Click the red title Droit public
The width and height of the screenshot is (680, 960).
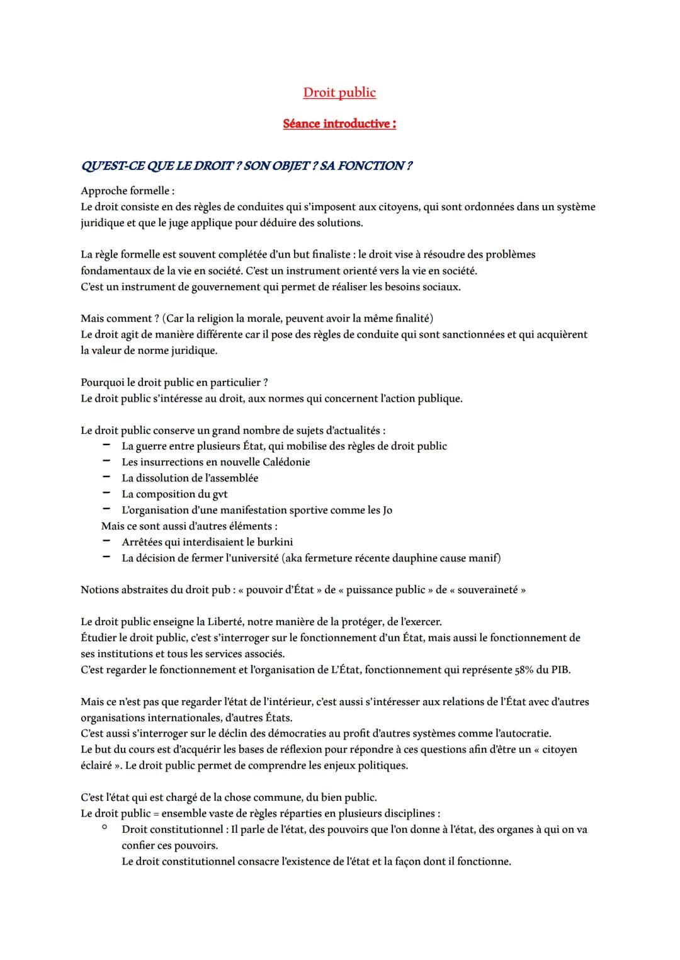pyautogui.click(x=339, y=93)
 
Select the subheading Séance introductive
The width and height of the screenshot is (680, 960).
pyautogui.click(x=339, y=124)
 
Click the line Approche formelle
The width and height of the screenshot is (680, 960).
pyautogui.click(x=127, y=191)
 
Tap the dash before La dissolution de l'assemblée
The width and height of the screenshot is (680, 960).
pyautogui.click(x=107, y=478)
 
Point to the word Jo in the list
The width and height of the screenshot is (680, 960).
pyautogui.click(x=387, y=510)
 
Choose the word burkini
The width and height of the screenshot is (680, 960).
pyautogui.click(x=274, y=542)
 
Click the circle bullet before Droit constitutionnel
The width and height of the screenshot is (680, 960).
pyautogui.click(x=105, y=828)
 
